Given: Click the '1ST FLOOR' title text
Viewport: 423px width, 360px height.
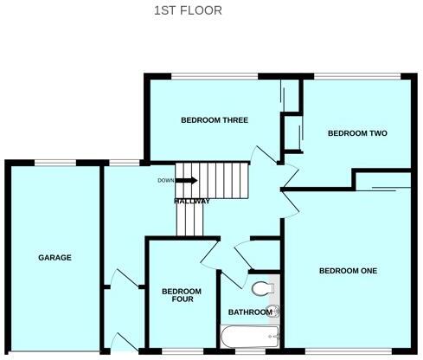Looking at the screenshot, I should pyautogui.click(x=188, y=10).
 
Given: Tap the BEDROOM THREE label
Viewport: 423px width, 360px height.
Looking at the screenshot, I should pyautogui.click(x=208, y=121).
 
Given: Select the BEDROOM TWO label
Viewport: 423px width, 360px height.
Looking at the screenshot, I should pyautogui.click(x=356, y=133).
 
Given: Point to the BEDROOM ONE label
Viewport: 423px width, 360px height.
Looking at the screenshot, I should pyautogui.click(x=348, y=271).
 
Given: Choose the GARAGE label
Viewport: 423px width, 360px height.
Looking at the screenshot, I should pyautogui.click(x=54, y=257).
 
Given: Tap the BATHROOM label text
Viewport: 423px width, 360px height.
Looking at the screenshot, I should pyautogui.click(x=249, y=312).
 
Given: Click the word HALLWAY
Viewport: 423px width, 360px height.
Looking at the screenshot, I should pyautogui.click(x=192, y=202).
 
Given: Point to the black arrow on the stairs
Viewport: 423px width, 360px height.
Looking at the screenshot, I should pyautogui.click(x=188, y=181).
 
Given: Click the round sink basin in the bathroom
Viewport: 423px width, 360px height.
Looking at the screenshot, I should pyautogui.click(x=275, y=311).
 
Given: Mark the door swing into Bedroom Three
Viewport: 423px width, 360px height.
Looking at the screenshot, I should pyautogui.click(x=262, y=155).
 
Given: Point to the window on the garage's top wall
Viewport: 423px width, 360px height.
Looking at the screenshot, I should pyautogui.click(x=55, y=162).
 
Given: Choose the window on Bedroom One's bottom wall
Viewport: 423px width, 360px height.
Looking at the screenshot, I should pyautogui.click(x=346, y=351).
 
